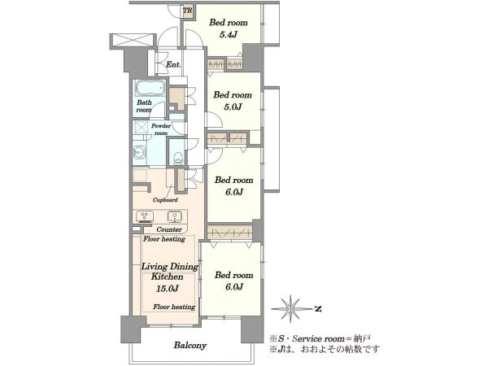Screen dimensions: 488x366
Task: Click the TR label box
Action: point(188,11)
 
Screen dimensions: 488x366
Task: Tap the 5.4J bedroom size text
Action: point(229,34)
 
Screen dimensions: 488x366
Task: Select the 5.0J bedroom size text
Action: point(233,107)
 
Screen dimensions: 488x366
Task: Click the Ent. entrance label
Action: point(173,64)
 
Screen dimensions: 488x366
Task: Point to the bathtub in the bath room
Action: point(150,89)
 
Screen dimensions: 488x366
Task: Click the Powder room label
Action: point(161,129)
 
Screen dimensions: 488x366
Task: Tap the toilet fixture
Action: point(177,158)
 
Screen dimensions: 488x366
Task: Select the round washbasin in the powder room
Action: point(139,153)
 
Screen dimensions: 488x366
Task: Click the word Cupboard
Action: point(165,200)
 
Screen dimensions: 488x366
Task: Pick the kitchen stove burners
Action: point(145,216)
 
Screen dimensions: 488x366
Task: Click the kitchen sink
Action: point(175,216)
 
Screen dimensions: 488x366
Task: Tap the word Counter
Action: point(169,229)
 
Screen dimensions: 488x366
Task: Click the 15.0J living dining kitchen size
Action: point(167,289)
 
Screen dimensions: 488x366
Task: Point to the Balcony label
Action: point(190,345)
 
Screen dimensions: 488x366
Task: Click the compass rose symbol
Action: point(290,308)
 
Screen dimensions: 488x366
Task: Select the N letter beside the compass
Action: point(318,309)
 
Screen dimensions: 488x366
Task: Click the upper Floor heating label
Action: point(164,239)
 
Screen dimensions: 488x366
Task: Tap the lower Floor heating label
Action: point(174,307)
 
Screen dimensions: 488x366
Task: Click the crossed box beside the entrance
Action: point(133,41)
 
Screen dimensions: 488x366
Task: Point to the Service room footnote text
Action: point(320,338)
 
